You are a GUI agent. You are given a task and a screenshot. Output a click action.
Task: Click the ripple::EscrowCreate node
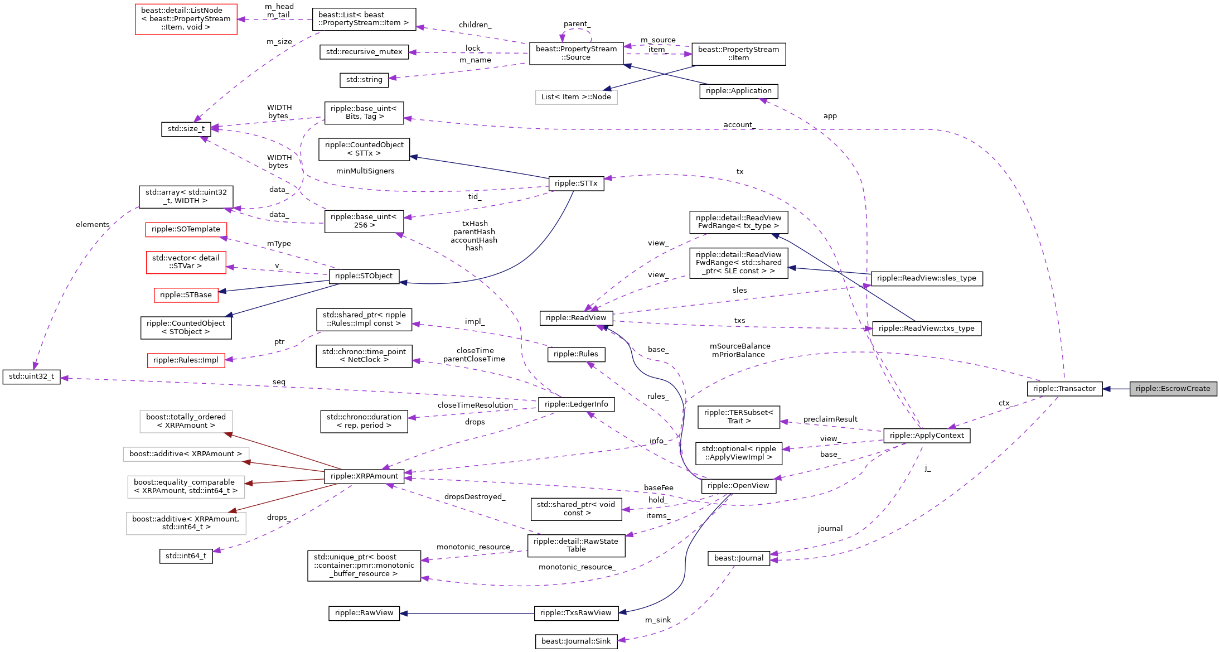pyautogui.click(x=1173, y=389)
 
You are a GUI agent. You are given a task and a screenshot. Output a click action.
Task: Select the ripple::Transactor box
pyautogui.click(x=1064, y=389)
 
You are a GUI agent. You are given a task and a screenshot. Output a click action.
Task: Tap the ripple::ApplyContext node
pyautogui.click(x=926, y=436)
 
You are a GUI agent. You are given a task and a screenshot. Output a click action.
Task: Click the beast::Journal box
pyautogui.click(x=738, y=558)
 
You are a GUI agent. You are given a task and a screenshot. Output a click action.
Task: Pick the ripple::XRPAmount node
pyautogui.click(x=364, y=476)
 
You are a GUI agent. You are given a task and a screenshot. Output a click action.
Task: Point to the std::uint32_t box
pyautogui.click(x=31, y=376)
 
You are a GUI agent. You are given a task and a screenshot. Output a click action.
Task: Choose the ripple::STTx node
pyautogui.click(x=575, y=183)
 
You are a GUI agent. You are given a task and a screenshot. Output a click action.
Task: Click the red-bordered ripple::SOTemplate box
pyautogui.click(x=186, y=229)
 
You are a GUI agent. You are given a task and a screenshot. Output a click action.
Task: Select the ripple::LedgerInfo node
pyautogui.click(x=575, y=404)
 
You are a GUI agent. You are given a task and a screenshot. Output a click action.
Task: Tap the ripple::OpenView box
pyautogui.click(x=738, y=486)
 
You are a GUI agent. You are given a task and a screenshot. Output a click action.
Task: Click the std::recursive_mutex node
pyautogui.click(x=364, y=52)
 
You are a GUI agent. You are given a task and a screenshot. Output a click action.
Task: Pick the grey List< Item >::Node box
pyautogui.click(x=575, y=97)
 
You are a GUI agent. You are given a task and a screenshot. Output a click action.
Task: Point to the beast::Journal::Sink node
pyautogui.click(x=575, y=641)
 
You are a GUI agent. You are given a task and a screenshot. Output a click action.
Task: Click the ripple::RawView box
pyautogui.click(x=364, y=613)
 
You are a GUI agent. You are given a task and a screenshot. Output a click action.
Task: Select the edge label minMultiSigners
pyautogui.click(x=365, y=171)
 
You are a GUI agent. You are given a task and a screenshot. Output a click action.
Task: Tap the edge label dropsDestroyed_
pyautogui.click(x=475, y=497)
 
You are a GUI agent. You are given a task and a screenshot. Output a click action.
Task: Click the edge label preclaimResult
pyautogui.click(x=830, y=419)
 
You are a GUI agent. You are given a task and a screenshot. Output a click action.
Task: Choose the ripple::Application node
pyautogui.click(x=738, y=91)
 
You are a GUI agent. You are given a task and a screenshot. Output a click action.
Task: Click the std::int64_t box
pyautogui.click(x=186, y=556)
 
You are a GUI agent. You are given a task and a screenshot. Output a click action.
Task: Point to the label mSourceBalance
pyautogui.click(x=740, y=346)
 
